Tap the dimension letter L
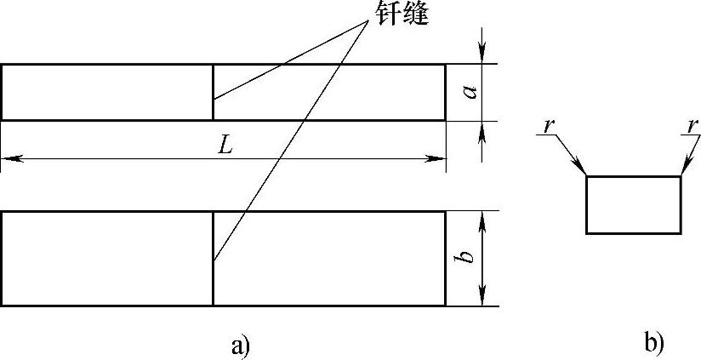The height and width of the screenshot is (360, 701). pyautogui.click(x=225, y=146)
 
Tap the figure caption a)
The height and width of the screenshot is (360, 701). pyautogui.click(x=241, y=345)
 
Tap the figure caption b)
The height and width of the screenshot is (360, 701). pyautogui.click(x=653, y=344)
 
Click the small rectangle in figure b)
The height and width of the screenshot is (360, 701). pyautogui.click(x=634, y=204)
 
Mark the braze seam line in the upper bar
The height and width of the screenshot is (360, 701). pyautogui.click(x=213, y=92)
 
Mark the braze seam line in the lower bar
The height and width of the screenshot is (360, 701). pyautogui.click(x=213, y=258)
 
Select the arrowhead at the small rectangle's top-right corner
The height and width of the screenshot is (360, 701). pyautogui.click(x=684, y=170)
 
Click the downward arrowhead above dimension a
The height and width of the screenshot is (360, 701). pyautogui.click(x=483, y=55)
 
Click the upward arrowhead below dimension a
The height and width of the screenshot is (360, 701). pyautogui.click(x=483, y=129)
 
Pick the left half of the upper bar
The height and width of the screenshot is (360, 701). pyautogui.click(x=106, y=92)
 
